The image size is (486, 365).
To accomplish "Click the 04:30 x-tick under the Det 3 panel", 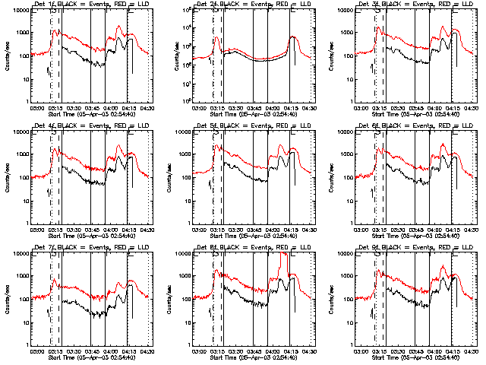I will (x=471, y=107).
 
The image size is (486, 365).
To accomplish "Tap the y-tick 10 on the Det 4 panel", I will (x=25, y=200).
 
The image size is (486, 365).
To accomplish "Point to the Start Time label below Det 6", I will (x=411, y=236).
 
